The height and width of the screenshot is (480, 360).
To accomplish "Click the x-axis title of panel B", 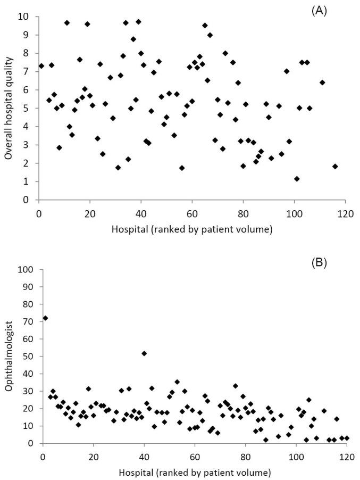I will (x=195, y=471).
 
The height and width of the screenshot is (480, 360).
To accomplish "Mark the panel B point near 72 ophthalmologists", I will (x=45, y=318).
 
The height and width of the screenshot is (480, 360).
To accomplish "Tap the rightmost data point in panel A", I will (x=335, y=166).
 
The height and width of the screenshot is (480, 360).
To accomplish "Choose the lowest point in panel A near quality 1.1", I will (x=297, y=179).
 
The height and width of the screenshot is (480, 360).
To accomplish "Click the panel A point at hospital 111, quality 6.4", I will (x=322, y=82).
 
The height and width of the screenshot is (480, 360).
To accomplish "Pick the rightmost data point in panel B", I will (x=347, y=438).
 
